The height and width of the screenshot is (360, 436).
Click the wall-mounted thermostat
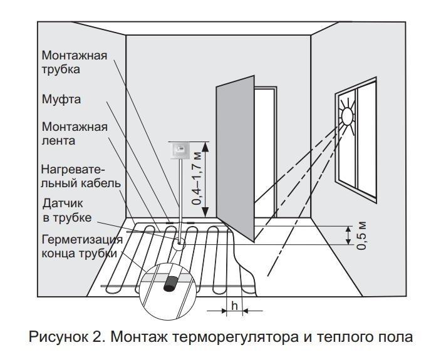(179, 150)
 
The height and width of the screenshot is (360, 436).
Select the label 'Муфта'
(61, 100)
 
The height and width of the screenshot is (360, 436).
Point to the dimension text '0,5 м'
(361, 236)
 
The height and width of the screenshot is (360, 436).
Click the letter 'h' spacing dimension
(235, 306)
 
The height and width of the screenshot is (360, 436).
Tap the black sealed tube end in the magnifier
(171, 284)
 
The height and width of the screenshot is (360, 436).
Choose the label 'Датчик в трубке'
(67, 210)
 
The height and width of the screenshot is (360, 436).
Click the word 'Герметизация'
(82, 240)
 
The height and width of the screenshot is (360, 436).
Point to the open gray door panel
(235, 158)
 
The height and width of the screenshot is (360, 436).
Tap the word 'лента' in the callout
(58, 141)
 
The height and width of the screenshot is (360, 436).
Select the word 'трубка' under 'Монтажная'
(61, 69)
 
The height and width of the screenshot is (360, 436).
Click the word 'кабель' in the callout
(101, 183)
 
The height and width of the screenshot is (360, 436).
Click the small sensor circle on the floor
(179, 244)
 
